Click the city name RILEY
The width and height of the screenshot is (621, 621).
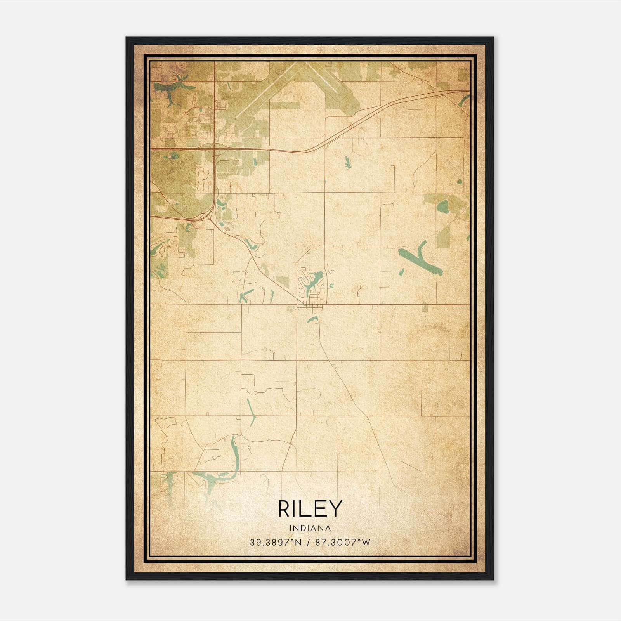point(310,508)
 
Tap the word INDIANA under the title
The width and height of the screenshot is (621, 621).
point(310,528)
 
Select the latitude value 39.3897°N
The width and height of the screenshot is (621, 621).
point(276,543)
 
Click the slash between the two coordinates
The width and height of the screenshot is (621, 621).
point(309,543)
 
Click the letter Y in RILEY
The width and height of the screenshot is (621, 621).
point(336,508)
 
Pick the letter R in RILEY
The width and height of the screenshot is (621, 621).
point(284,508)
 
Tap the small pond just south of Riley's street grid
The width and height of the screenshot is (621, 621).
point(312,320)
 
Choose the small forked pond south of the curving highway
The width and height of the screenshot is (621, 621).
point(347,162)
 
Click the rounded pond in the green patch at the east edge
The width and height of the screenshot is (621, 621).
point(443,206)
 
